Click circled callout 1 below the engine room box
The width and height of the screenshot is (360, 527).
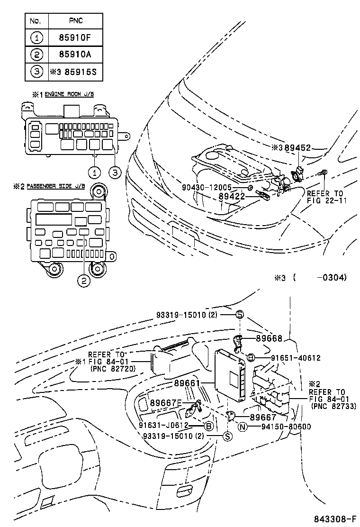pos(95,172)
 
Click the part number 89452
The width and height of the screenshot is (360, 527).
pos(297,148)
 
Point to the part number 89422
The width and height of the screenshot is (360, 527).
pos(231,195)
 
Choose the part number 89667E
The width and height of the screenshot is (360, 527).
pos(166,403)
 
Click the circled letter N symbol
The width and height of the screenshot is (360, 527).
pos(243,427)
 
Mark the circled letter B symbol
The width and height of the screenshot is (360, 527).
pos(207,426)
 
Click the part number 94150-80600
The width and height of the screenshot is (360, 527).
pos(286,427)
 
